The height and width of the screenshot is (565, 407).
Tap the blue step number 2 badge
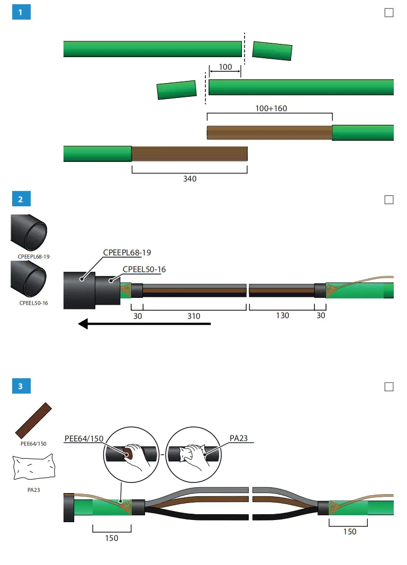tap(21, 199)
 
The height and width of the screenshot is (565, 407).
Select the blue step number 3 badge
tap(21, 386)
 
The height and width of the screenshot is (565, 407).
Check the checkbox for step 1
tap(389, 13)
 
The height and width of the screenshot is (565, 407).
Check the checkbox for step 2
tap(389, 199)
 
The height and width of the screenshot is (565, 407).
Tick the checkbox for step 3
tap(389, 386)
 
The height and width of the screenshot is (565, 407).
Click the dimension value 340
tap(189, 179)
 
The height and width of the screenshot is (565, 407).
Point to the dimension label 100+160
tap(271, 108)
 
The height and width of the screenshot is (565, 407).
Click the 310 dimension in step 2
tap(194, 316)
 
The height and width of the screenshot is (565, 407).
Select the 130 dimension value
tap(282, 316)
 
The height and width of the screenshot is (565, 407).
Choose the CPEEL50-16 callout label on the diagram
tap(144, 269)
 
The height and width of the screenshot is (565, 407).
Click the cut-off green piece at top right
tap(272, 51)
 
